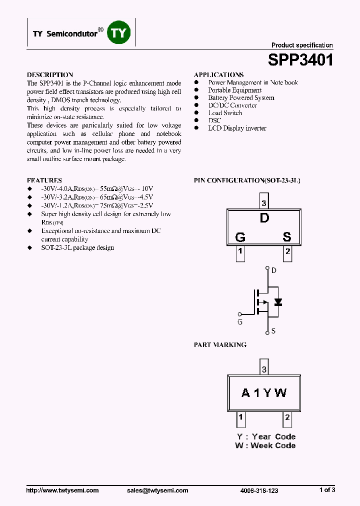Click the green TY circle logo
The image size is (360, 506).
(119, 33)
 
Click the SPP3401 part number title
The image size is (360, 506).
(300, 60)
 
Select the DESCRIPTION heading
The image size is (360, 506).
(50, 74)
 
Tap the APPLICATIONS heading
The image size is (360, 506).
(218, 74)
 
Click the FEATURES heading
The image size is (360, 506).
(44, 180)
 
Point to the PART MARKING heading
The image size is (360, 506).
(220, 345)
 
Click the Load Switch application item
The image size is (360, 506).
(225, 113)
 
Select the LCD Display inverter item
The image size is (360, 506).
(237, 128)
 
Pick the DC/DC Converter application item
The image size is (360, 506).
(232, 105)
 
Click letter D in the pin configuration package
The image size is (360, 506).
(264, 218)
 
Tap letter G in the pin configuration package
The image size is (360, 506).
(240, 237)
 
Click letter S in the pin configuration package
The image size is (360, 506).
(287, 237)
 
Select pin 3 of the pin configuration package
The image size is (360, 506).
(264, 203)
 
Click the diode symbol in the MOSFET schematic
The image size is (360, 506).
(278, 302)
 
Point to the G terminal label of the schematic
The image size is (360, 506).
(240, 322)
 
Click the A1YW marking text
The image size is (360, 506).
(264, 393)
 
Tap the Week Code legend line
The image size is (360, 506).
(265, 445)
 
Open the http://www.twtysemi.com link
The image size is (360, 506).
(62, 490)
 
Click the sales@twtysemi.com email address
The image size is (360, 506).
(157, 490)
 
